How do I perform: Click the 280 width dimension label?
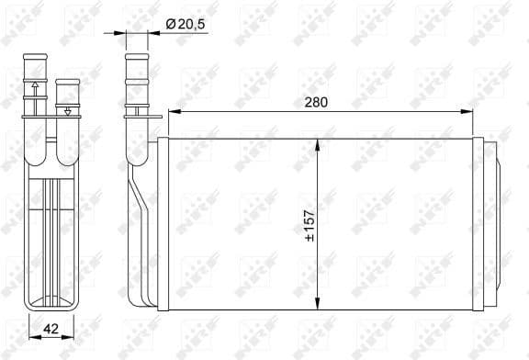[315, 102]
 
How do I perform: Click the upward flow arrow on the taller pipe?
[35, 89]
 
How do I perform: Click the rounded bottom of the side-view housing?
[53, 302]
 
